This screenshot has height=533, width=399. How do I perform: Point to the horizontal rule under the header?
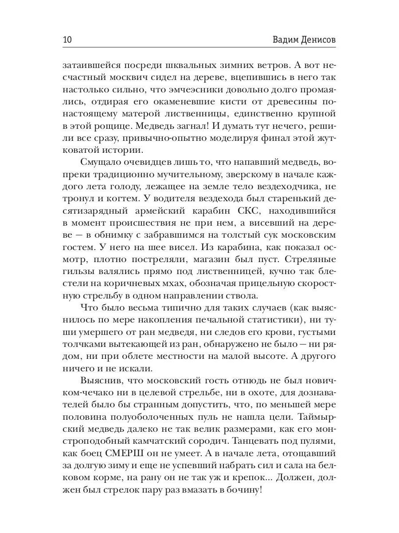tap(199, 48)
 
